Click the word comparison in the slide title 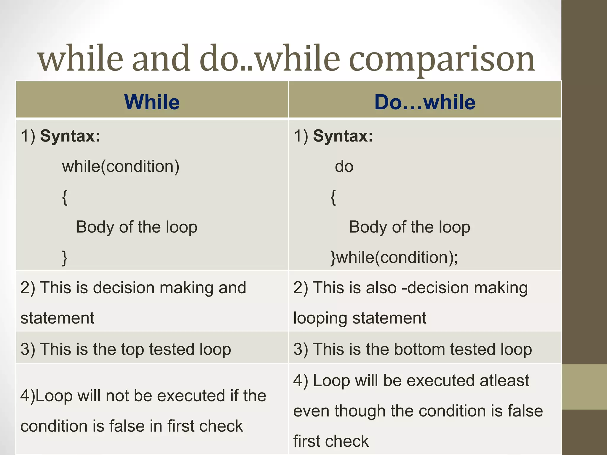442,59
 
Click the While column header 152,102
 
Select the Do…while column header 425,102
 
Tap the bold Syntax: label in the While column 70,136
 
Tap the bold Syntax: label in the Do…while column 343,136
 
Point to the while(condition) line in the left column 121,166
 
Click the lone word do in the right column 344,166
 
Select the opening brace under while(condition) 65,197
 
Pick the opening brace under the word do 333,197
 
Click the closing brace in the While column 65,258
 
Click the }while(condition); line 394,257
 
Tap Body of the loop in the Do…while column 409,227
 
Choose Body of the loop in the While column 137,227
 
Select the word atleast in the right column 504,380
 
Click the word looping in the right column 320,318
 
